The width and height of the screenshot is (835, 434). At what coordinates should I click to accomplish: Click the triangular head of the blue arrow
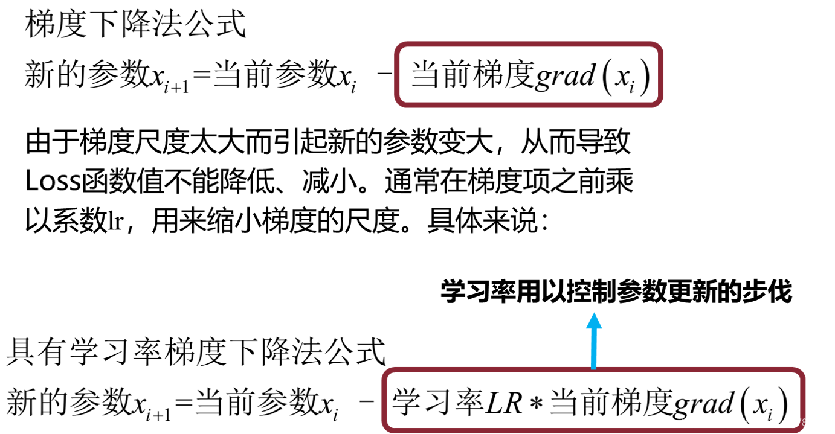pyautogui.click(x=594, y=321)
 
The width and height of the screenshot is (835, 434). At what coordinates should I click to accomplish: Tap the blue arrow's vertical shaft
pyautogui.click(x=594, y=348)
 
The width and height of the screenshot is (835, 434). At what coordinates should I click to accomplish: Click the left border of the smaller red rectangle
pyautogui.click(x=396, y=75)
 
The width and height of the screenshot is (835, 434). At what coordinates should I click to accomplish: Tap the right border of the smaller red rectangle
pyautogui.click(x=662, y=75)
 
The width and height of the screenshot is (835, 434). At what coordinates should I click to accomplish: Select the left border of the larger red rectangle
pyautogui.click(x=384, y=400)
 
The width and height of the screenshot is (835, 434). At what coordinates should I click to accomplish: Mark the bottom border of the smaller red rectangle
pyautogui.click(x=529, y=106)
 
